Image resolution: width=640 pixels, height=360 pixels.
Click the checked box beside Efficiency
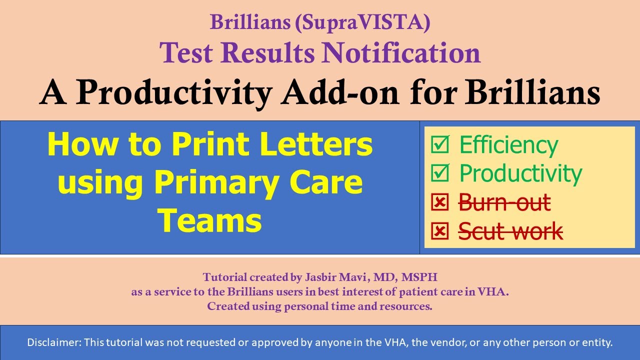(x=440, y=145)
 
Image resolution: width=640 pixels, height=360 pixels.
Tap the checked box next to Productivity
(x=440, y=173)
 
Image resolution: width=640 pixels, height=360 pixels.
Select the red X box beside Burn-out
(x=440, y=202)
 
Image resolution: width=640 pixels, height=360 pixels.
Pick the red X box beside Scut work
(x=440, y=231)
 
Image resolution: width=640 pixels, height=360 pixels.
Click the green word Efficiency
(x=508, y=145)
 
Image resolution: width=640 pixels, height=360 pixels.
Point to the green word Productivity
(x=520, y=173)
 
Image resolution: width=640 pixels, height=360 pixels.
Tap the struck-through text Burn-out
(x=504, y=202)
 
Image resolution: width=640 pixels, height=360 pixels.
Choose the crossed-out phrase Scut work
(x=510, y=231)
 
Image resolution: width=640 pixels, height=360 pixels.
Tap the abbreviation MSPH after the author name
(x=420, y=277)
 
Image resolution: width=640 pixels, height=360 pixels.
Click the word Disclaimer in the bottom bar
(x=53, y=343)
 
